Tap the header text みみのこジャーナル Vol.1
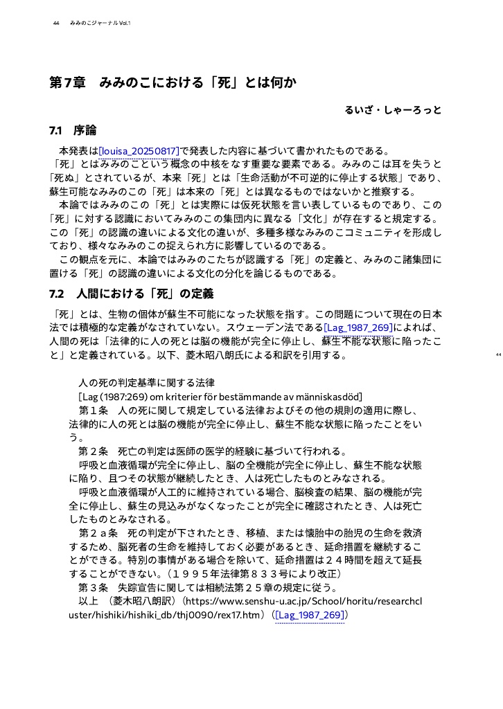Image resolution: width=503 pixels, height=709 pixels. point(100,24)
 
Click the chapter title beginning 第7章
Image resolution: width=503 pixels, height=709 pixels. point(173,84)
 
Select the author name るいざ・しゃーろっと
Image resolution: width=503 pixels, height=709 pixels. point(393,110)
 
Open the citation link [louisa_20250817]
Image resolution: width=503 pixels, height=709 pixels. point(139,151)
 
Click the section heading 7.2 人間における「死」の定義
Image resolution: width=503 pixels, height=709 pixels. point(131,294)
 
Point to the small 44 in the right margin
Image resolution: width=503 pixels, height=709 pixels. point(498,355)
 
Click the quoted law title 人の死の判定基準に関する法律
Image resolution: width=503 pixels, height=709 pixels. point(147,382)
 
